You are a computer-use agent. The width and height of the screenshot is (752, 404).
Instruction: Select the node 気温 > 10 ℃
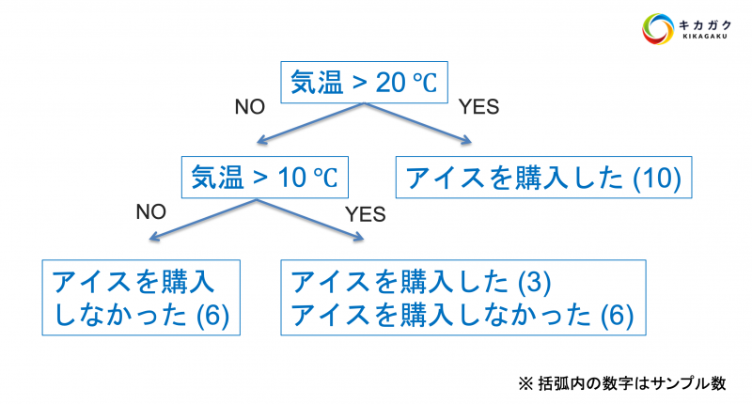(x=264, y=176)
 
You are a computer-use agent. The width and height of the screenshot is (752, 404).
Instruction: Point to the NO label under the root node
(x=251, y=106)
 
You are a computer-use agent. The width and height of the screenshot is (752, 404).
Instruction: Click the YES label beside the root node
(x=478, y=106)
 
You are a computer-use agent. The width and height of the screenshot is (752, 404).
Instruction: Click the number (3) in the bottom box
(x=533, y=282)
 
